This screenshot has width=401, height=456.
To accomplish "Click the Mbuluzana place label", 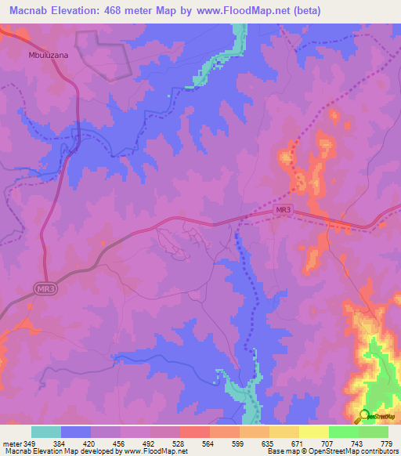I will pyautogui.click(x=47, y=56).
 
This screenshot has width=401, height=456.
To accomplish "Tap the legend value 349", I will pyautogui.click(x=31, y=443).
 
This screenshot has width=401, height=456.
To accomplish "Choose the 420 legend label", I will pyautogui.click(x=90, y=443).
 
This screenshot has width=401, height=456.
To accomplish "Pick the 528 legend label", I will pyautogui.click(x=179, y=443).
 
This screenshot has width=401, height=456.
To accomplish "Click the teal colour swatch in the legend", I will pyautogui.click(x=46, y=432).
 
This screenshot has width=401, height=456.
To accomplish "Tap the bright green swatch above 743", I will pyautogui.click(x=343, y=432).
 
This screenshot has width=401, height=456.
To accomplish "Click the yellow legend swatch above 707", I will pyautogui.click(x=313, y=432).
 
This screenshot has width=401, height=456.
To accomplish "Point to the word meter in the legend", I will pyautogui.click(x=11, y=443).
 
